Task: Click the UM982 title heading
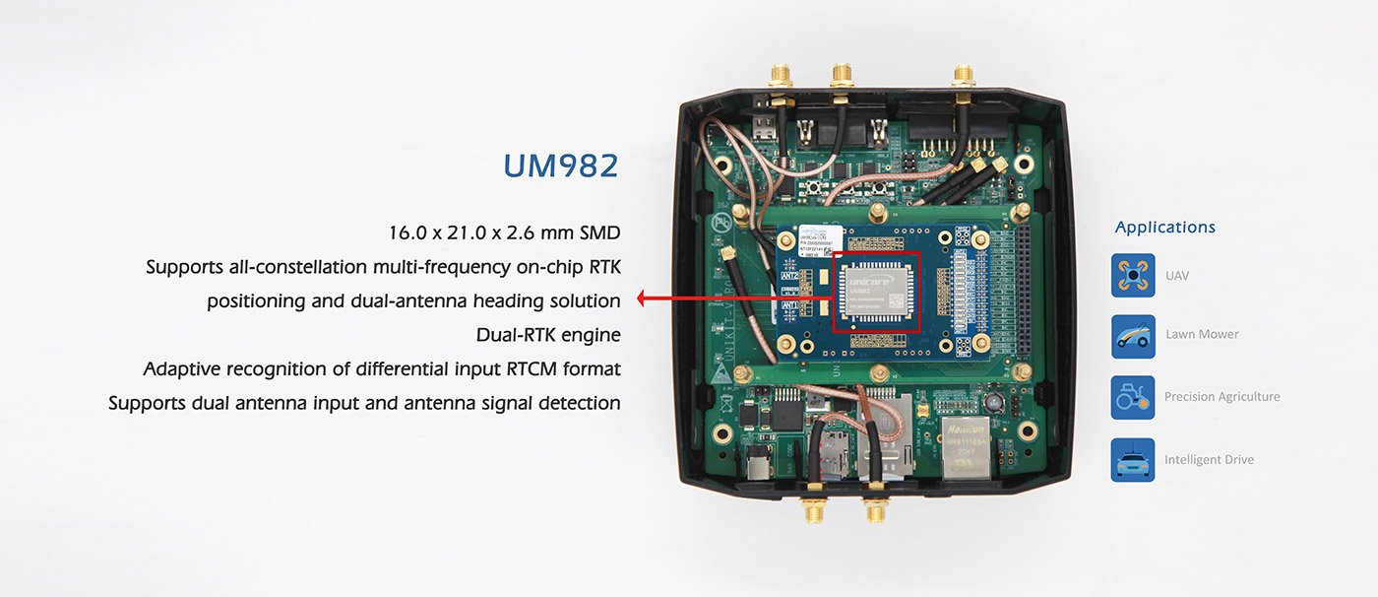click(560, 166)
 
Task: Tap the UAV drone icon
click(1132, 275)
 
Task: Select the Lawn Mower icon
click(1132, 336)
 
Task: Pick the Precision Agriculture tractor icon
click(1132, 397)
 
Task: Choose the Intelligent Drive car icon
click(1132, 460)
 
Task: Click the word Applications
click(1164, 228)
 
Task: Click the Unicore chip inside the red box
click(876, 292)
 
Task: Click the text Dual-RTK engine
click(548, 335)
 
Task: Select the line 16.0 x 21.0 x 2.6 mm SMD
click(505, 233)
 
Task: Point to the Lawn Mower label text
click(1202, 335)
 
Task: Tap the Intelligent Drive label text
click(1209, 460)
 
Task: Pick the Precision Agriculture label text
click(1221, 397)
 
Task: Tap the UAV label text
click(1176, 276)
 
